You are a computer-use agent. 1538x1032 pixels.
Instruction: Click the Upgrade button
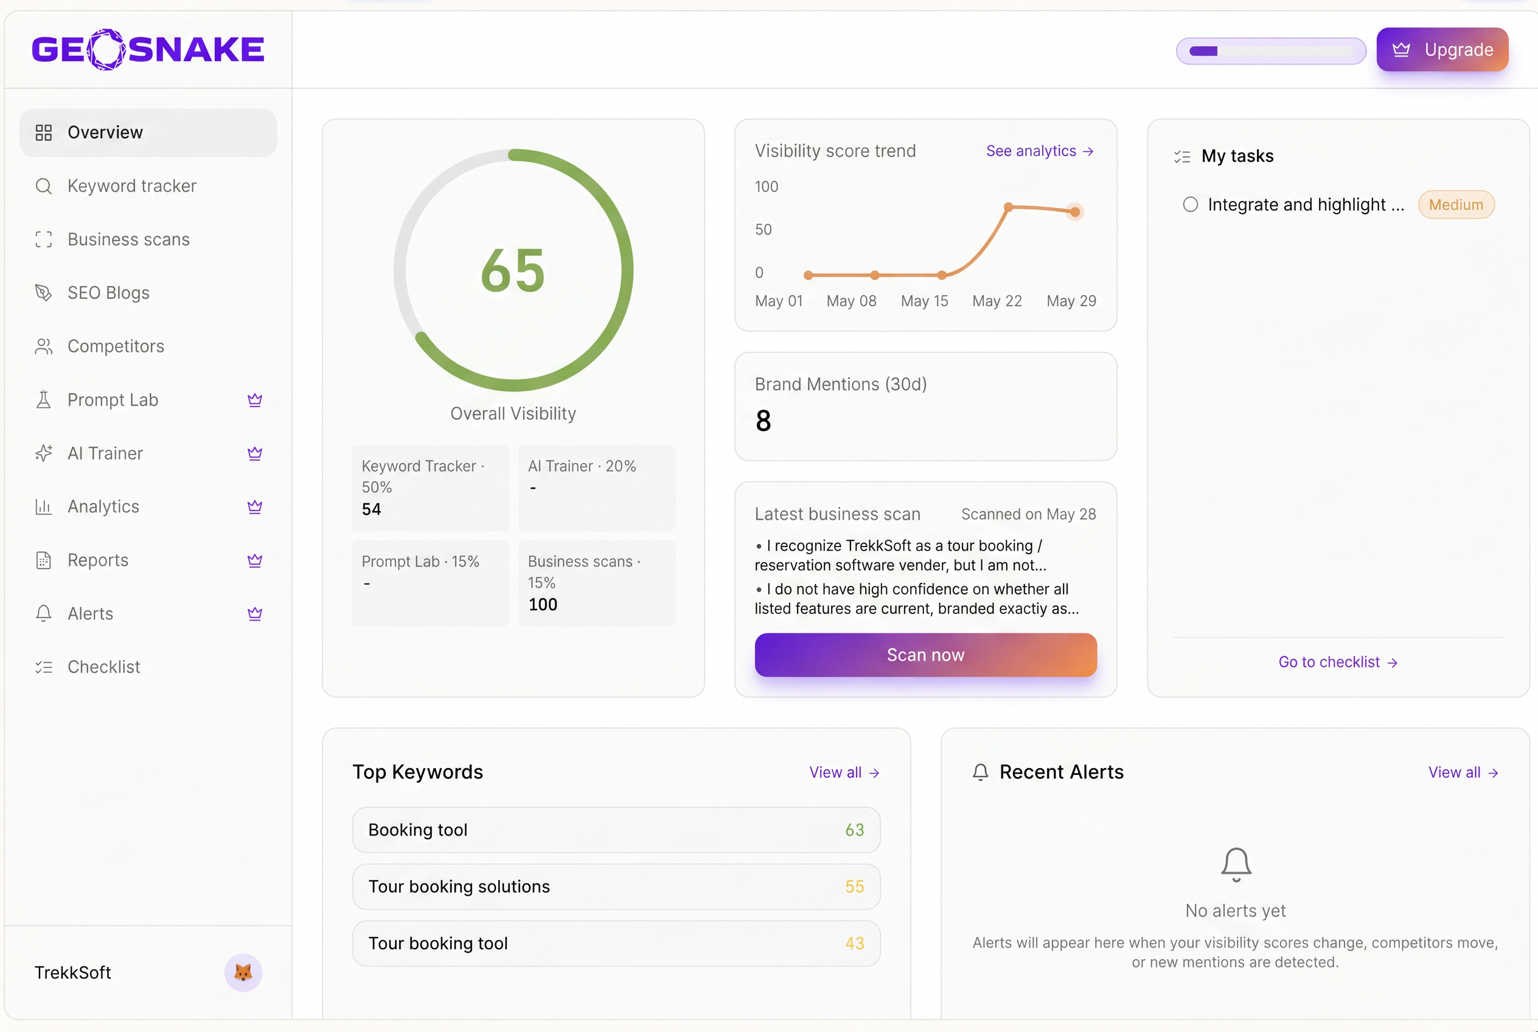pos(1442,49)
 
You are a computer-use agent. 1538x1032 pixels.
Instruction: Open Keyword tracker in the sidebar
pos(131,186)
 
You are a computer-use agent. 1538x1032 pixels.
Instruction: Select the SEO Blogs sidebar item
pos(108,293)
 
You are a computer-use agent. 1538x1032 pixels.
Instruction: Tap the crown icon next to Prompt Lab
pos(255,400)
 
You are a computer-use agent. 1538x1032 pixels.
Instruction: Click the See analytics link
pos(1040,152)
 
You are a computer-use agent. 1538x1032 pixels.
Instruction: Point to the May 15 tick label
pos(924,301)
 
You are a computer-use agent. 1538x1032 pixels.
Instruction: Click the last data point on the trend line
pos(1074,212)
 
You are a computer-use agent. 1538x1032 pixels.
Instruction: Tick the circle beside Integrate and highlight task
pos(1190,204)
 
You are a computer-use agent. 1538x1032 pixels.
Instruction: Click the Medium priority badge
pos(1456,204)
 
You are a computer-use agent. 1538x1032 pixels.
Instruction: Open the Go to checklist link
pos(1338,662)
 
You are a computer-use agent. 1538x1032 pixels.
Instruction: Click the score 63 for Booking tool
pos(854,830)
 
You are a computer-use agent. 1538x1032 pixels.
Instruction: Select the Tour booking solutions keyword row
pos(616,887)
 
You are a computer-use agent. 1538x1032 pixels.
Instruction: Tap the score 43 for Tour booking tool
pos(854,943)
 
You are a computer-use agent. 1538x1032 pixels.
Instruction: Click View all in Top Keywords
pos(844,773)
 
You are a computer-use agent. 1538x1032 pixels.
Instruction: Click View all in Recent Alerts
pos(1463,773)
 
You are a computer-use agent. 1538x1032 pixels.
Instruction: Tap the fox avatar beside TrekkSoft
pos(243,972)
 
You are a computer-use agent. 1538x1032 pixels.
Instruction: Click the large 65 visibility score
pos(513,271)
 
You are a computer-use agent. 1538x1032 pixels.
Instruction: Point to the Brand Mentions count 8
pos(764,420)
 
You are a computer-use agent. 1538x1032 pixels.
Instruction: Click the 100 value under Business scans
pos(542,605)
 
